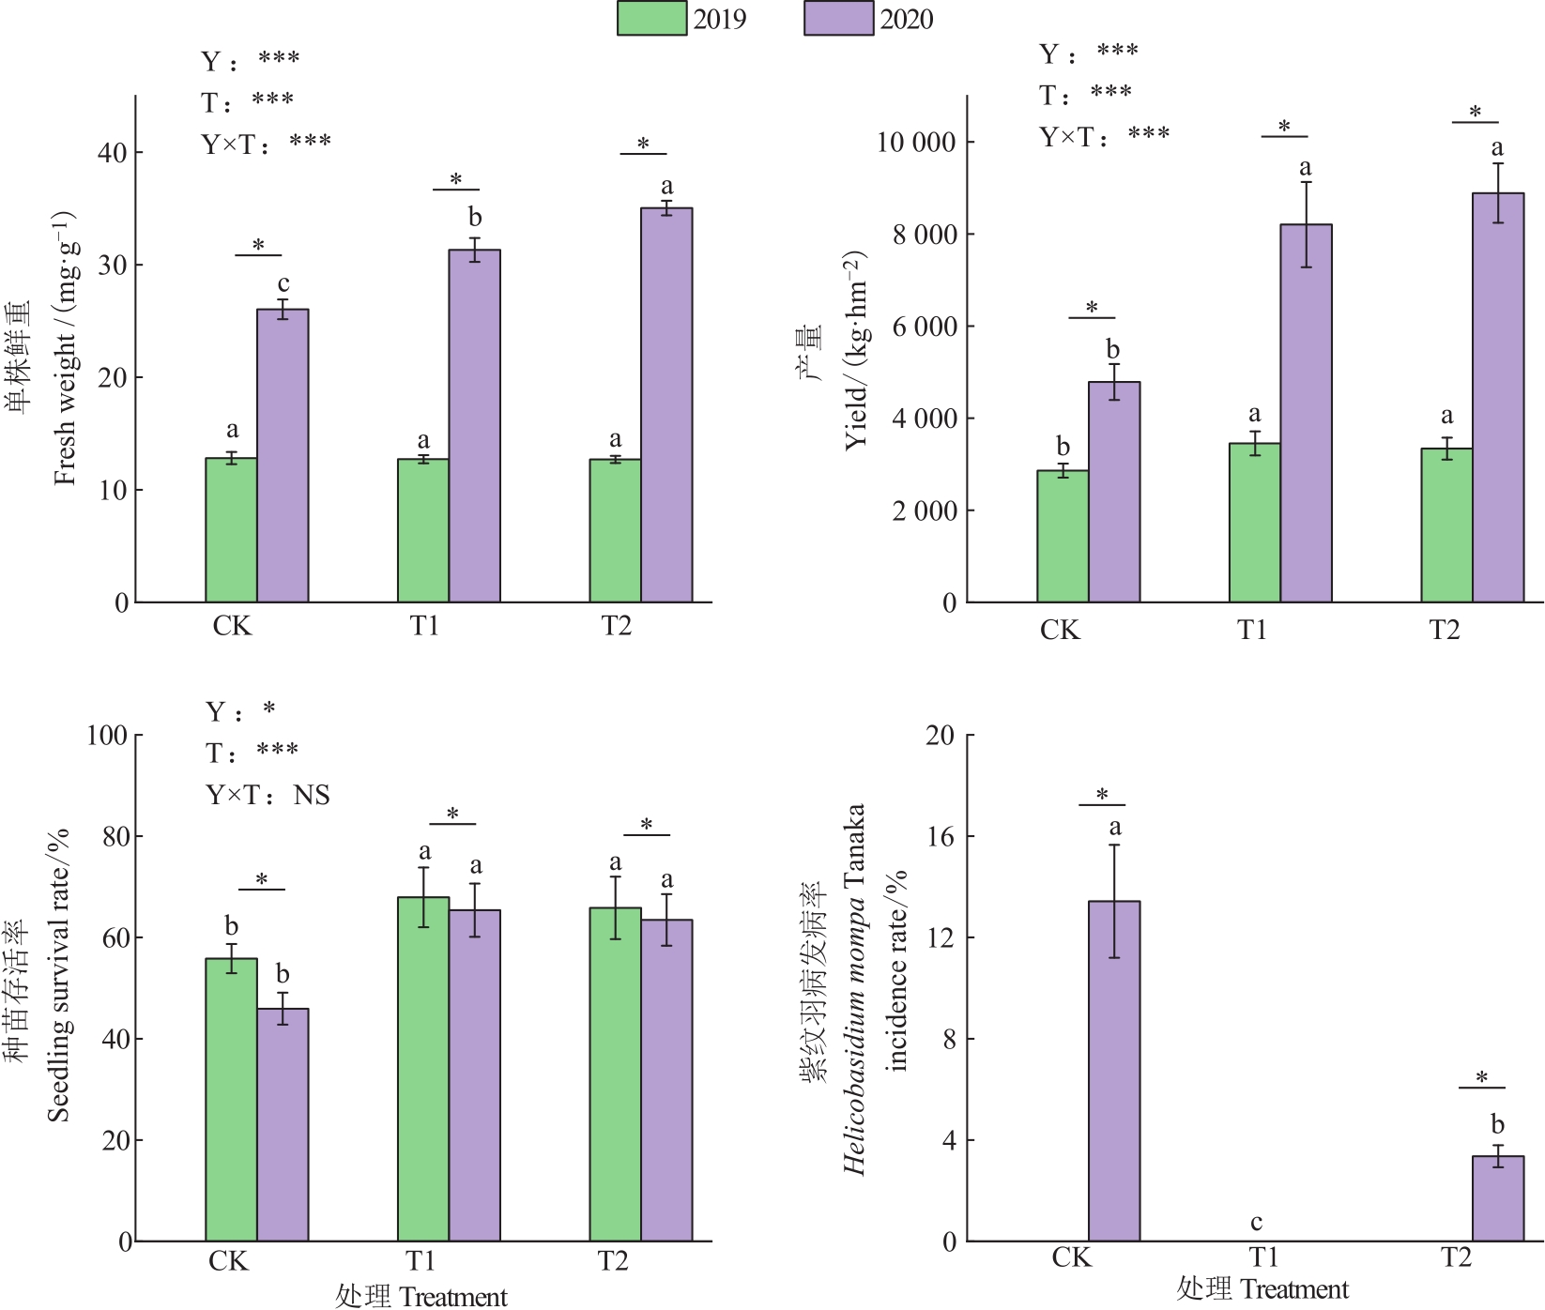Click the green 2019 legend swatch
[651, 19]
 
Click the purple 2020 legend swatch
[838, 19]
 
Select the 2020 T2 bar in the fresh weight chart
[666, 404]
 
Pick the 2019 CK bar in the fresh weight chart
[231, 529]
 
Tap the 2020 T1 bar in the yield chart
[1306, 413]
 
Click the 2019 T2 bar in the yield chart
[1446, 525]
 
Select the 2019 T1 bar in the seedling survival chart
[422, 1069]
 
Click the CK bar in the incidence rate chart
[1114, 1071]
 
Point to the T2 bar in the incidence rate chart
[1497, 1198]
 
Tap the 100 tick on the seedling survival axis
[107, 736]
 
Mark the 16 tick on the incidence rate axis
[941, 837]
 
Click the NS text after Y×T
[312, 796]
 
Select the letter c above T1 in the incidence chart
[1256, 1222]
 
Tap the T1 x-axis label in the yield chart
[1252, 631]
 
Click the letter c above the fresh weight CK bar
[283, 283]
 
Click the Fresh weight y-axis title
[64, 347]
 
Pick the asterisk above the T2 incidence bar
[1481, 1077]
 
